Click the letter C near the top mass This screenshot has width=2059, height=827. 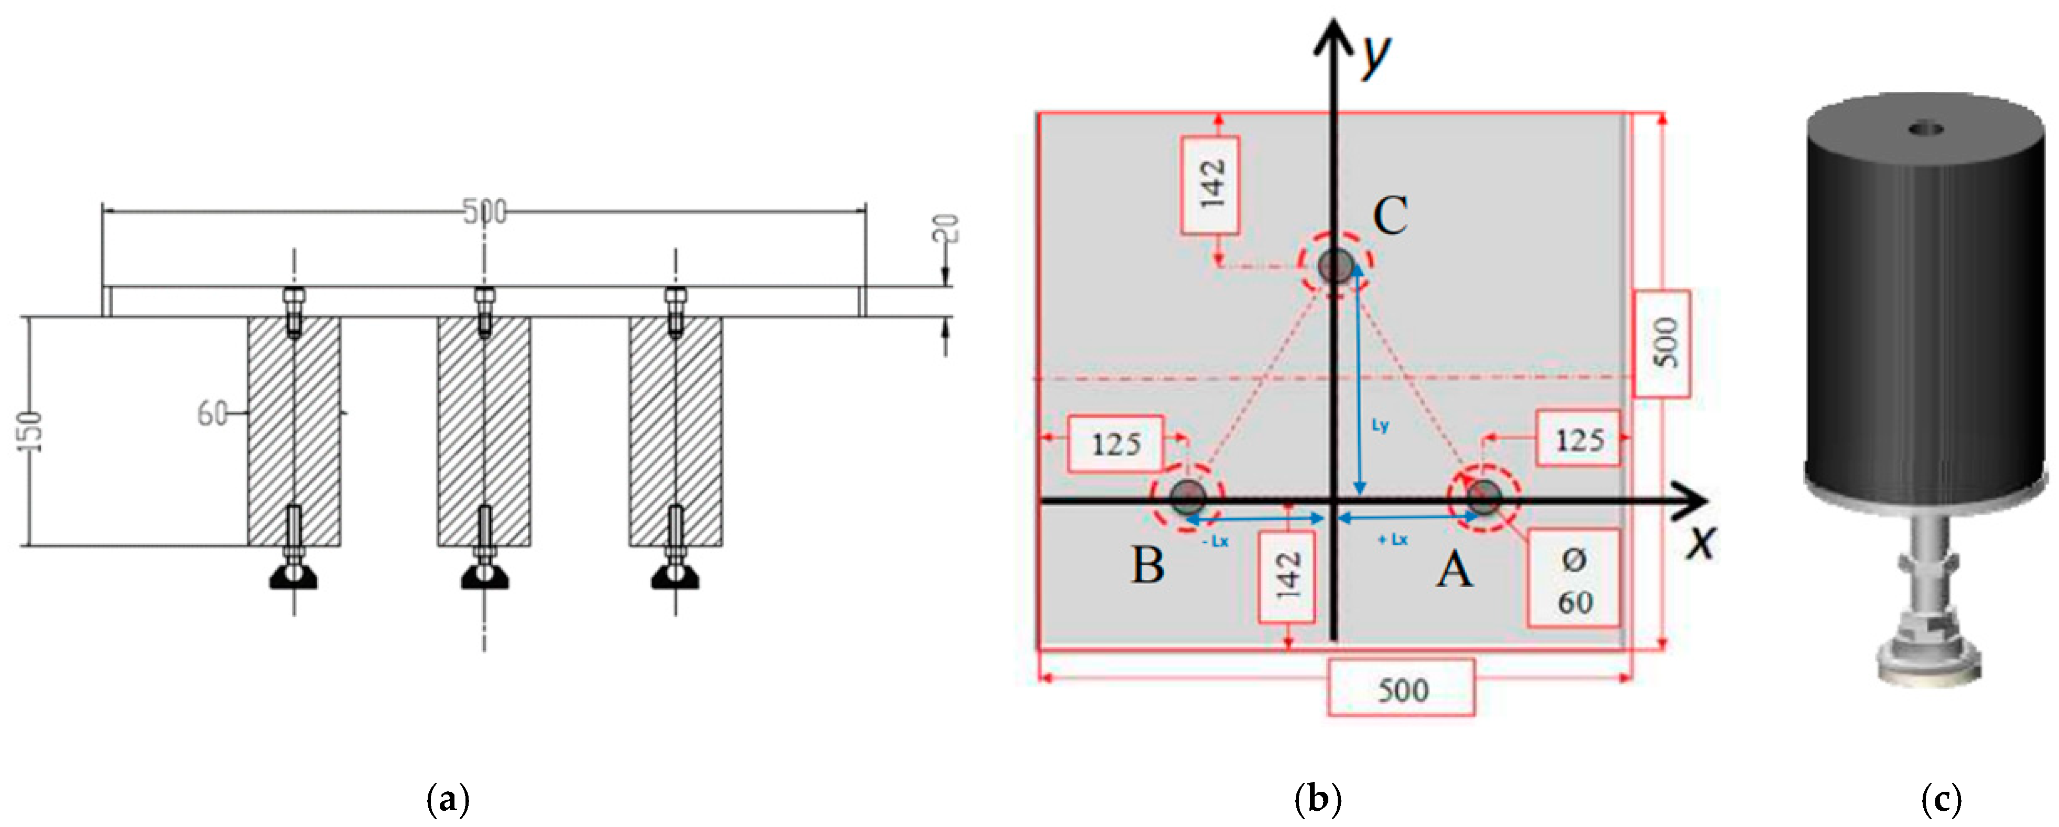1390,216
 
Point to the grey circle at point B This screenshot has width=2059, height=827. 1188,498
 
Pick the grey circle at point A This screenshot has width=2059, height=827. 1484,498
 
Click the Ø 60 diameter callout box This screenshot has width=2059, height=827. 1573,577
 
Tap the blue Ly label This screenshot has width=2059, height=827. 1380,425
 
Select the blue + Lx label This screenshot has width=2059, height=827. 1392,540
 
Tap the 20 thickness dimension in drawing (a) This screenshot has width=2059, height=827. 946,229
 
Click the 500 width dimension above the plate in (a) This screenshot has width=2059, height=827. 484,212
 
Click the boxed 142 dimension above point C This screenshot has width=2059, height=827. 1211,185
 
